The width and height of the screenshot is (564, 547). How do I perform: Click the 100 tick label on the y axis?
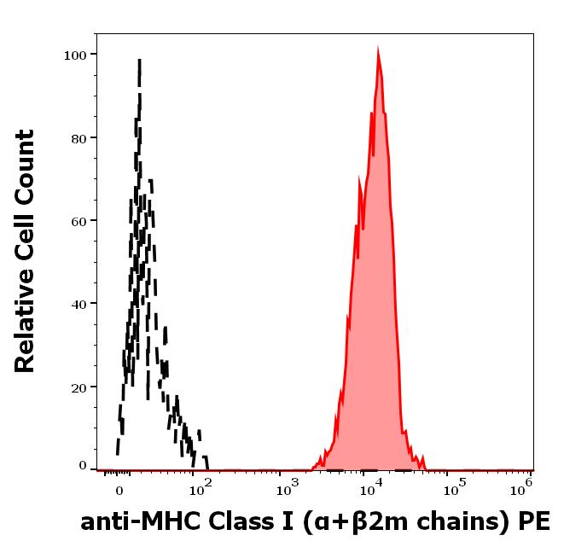76,55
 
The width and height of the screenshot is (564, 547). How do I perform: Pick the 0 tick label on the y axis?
83,466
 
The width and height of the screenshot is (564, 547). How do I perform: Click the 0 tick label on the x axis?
118,491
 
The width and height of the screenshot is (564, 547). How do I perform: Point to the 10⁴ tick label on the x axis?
370,488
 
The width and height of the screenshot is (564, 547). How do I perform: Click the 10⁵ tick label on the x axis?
455,488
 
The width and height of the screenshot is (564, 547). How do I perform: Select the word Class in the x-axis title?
234,521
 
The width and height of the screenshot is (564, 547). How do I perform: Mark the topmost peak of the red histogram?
378,49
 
